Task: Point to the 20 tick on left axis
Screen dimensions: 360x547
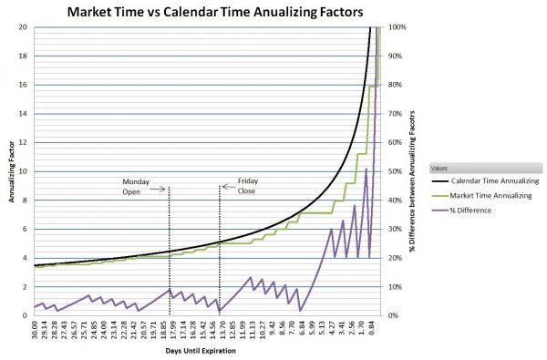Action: [x=22, y=27]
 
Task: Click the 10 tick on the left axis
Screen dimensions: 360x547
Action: [x=22, y=171]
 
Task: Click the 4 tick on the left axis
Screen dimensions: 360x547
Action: [x=24, y=258]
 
